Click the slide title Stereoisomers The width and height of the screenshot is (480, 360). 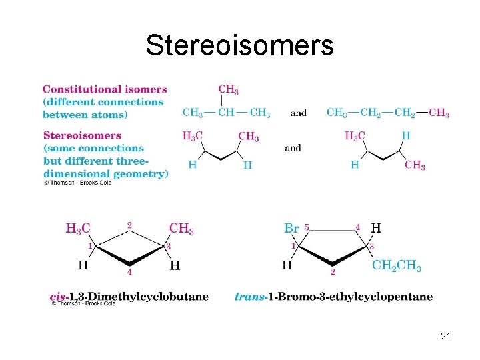click(x=239, y=45)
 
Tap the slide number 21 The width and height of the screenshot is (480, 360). click(x=446, y=337)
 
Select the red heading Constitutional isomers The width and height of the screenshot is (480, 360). click(x=105, y=89)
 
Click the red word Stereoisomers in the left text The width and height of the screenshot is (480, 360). click(x=81, y=135)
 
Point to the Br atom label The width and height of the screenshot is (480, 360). click(x=291, y=228)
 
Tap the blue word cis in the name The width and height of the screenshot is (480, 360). click(x=58, y=296)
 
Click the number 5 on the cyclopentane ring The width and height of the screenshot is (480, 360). click(x=306, y=227)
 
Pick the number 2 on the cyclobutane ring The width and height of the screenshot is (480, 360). click(x=129, y=225)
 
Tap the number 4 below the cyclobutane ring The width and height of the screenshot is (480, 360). click(x=129, y=273)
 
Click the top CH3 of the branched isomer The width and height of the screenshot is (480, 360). click(x=229, y=89)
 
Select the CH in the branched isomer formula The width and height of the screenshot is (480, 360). click(x=227, y=113)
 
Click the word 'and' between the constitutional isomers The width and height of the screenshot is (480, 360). click(x=299, y=113)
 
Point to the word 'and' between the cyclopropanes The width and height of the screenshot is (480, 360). click(x=293, y=148)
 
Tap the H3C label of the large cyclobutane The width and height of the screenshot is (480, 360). click(x=77, y=229)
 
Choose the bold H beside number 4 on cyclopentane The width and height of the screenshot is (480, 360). click(x=376, y=228)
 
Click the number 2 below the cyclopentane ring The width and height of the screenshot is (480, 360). click(x=332, y=273)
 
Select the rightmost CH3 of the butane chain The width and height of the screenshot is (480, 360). click(x=439, y=113)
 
